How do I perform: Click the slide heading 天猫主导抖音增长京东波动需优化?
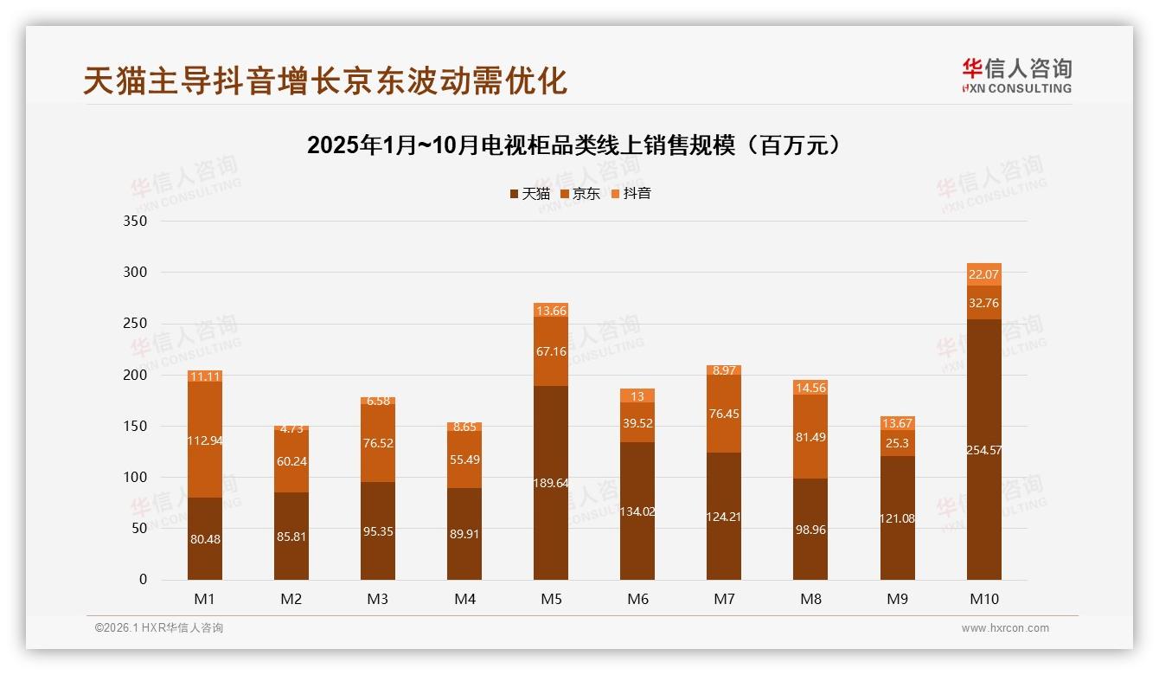click(x=325, y=80)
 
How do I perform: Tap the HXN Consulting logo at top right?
click(x=1016, y=76)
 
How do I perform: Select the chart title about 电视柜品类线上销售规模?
click(x=573, y=145)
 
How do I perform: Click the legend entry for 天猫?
click(x=529, y=193)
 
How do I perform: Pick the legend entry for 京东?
click(x=580, y=193)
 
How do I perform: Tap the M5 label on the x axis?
click(x=551, y=599)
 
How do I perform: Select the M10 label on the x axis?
click(x=983, y=599)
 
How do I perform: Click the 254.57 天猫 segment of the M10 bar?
click(x=983, y=450)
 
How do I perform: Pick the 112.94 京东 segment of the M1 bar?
click(x=205, y=440)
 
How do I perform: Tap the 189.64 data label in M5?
click(x=551, y=483)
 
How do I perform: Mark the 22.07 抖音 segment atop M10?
click(x=983, y=274)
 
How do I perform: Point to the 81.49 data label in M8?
click(x=810, y=437)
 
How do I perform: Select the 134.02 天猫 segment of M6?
click(x=637, y=511)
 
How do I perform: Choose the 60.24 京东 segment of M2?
click(x=291, y=461)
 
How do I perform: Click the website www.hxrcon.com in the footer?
click(x=1005, y=628)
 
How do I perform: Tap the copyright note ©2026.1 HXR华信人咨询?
click(x=158, y=628)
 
